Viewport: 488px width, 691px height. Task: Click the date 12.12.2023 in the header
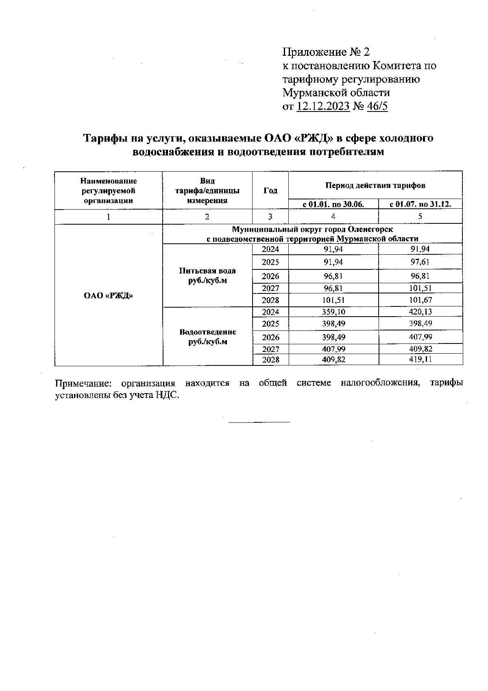[x=323, y=107]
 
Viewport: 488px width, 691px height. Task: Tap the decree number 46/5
[x=377, y=107]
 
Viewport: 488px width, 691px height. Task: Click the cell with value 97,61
[x=420, y=262]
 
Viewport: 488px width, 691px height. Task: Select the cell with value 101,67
[x=420, y=300]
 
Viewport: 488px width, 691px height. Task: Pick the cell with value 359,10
[x=333, y=312]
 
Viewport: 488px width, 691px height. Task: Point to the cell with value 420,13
[x=420, y=312]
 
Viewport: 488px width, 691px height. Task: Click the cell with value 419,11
[x=420, y=359]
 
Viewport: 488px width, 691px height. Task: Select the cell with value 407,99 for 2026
[x=420, y=337]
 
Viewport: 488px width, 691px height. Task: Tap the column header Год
[x=270, y=190]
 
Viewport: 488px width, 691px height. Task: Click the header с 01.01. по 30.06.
[x=333, y=204]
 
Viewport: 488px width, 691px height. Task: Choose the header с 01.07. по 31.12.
[x=420, y=204]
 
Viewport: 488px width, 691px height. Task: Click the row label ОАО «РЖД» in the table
[x=109, y=296]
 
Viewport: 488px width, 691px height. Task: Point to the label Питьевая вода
[x=207, y=271]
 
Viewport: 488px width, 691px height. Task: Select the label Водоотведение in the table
[x=207, y=332]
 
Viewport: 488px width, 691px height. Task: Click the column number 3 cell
[x=270, y=216]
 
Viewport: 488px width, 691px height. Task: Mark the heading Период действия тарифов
[x=375, y=186]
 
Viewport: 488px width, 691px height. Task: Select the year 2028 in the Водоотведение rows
[x=270, y=360]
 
